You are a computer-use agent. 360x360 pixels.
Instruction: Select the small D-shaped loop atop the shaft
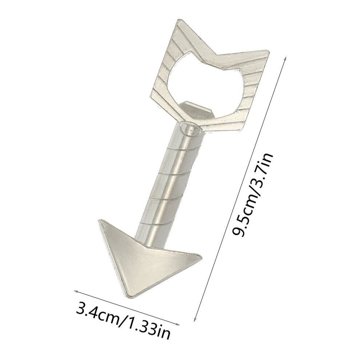[190, 129]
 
